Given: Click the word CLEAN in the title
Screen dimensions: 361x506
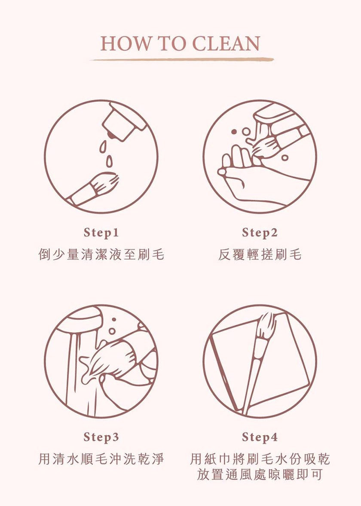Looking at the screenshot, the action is pos(226,43).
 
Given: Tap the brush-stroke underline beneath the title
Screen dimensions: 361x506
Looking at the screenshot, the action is pos(182,59).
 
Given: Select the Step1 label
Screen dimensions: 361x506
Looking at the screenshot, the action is pos(101,233).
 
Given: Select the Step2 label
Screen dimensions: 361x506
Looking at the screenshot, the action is pos(260,233).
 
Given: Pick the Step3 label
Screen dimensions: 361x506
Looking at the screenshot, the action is pos(101,437).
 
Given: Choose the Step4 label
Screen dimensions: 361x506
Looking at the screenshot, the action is pos(260,437).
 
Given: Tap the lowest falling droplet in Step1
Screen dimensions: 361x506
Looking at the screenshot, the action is pos(110,161).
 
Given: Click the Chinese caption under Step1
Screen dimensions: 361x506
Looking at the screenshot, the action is pos(101,255).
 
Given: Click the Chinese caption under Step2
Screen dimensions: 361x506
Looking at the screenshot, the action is pos(260,255).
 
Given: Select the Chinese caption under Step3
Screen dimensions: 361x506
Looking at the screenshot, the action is pos(101,458).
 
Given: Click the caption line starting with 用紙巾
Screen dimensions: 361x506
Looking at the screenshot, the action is pos(260,458).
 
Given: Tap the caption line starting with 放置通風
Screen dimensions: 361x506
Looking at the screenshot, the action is pos(260,474).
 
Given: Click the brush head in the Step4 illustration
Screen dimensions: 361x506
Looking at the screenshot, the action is pos(266,326).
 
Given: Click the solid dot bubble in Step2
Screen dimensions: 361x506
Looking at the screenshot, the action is pos(234,132).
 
